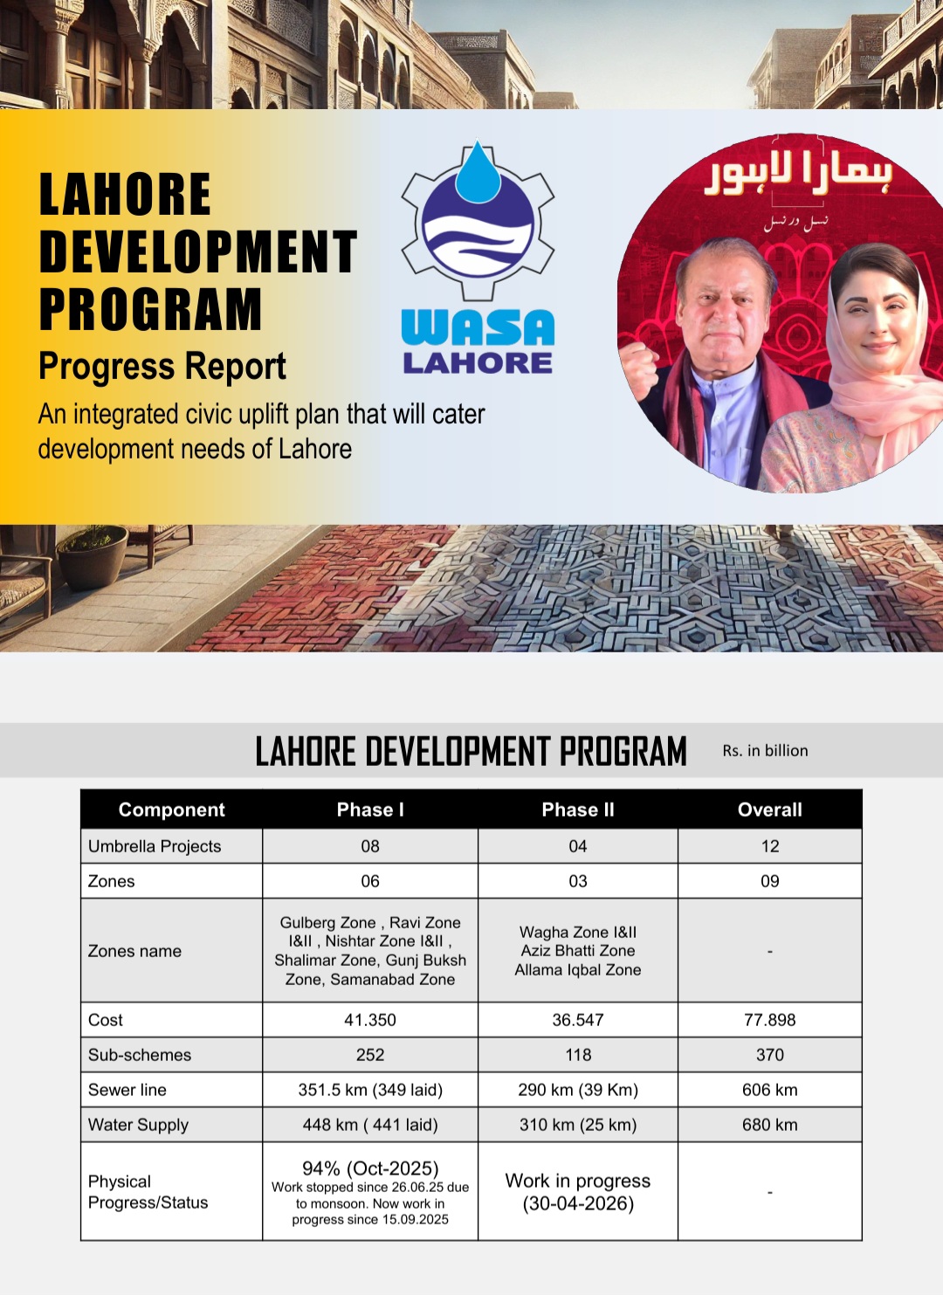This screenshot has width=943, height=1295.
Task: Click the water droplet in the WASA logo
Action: pyautogui.click(x=478, y=174)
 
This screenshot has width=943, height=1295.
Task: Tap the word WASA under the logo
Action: pyautogui.click(x=478, y=328)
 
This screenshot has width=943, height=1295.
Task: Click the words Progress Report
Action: pyautogui.click(x=162, y=367)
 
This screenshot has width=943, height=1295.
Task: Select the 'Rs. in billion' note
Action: pyautogui.click(x=765, y=751)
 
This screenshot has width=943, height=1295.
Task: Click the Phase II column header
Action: pyautogui.click(x=578, y=809)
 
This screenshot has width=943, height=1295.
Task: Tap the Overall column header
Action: pyautogui.click(x=769, y=809)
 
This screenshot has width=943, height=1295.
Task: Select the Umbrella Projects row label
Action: pyautogui.click(x=155, y=846)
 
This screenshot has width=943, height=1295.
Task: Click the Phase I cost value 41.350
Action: pyautogui.click(x=370, y=1020)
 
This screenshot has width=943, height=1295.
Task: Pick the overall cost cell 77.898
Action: pyautogui.click(x=769, y=1020)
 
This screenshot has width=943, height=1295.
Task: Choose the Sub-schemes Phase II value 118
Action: pyautogui.click(x=578, y=1055)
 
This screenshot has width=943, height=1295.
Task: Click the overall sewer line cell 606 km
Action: pyautogui.click(x=769, y=1090)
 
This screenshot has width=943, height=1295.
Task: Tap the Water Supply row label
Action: pyautogui.click(x=138, y=1125)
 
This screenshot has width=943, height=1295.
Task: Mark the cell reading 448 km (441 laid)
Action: pyautogui.click(x=370, y=1125)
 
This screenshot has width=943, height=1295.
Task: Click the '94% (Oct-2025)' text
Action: pyautogui.click(x=370, y=1168)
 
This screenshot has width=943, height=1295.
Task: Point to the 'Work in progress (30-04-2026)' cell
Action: pyautogui.click(x=578, y=1192)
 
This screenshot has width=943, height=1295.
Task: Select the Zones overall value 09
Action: pyautogui.click(x=769, y=881)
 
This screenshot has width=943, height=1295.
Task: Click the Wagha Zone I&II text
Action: pyautogui.click(x=578, y=932)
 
